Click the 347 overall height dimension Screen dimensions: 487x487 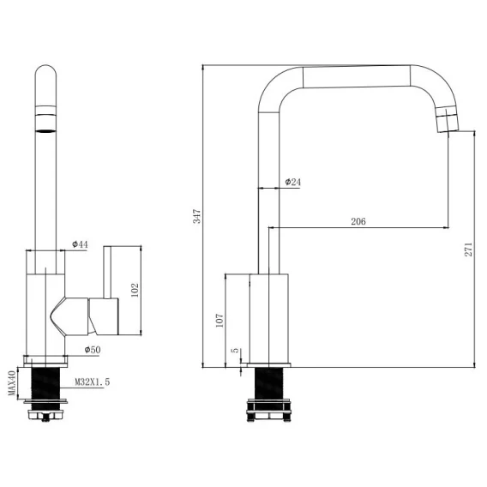(197, 216)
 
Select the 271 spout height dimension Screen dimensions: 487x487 (468, 250)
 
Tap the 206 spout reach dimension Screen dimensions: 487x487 (358, 221)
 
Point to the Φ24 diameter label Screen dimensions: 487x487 (293, 182)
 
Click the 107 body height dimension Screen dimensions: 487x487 (219, 321)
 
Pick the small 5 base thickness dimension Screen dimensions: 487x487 (236, 350)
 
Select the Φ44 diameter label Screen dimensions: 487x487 (80, 244)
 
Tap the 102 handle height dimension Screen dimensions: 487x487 (135, 290)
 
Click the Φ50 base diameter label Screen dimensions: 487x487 (93, 350)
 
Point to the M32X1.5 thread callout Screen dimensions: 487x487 (93, 382)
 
